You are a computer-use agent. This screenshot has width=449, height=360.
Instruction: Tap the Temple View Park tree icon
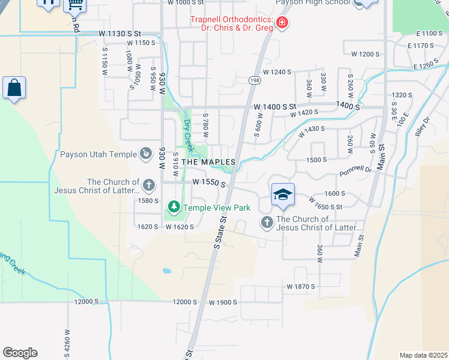pos(174,208)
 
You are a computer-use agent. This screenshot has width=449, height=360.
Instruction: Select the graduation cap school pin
pos(282,194)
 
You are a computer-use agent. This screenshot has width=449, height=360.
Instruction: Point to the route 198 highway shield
pos(255,80)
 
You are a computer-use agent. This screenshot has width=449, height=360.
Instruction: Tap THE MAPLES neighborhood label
pos(208,162)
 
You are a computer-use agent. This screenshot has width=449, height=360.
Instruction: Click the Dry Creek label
pos(188,134)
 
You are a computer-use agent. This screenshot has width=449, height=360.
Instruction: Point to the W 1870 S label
pos(301,287)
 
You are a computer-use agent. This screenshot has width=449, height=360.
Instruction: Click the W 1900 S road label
pos(223,302)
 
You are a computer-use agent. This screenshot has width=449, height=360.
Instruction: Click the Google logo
pos(20,353)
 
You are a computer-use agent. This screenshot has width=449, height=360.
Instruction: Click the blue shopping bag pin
pos(14,88)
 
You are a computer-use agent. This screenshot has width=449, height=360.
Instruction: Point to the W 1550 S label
pos(208,181)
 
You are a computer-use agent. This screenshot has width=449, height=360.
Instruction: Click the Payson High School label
pos(312,2)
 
